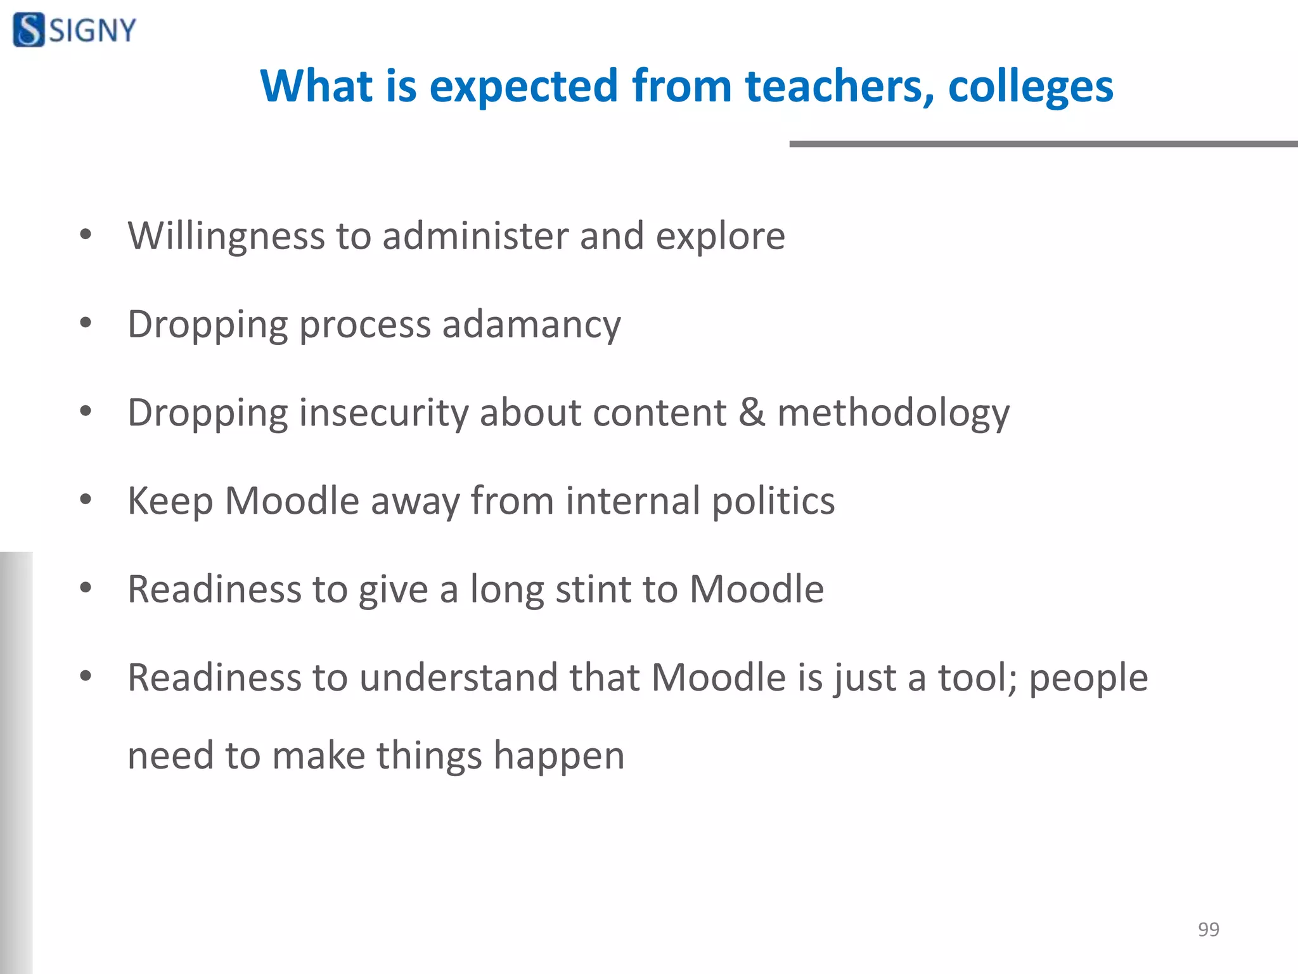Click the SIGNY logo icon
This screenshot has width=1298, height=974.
pos(29,30)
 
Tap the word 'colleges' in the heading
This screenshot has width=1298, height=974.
pos(1031,86)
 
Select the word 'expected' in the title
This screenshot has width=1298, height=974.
pos(524,86)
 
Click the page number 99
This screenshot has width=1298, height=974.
pos(1208,929)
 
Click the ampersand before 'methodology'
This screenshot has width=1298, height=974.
pos(752,413)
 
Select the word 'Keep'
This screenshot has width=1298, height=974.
pos(170,502)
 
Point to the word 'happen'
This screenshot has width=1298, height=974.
pos(559,756)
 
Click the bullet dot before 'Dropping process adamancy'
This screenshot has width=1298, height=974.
pos(86,323)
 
